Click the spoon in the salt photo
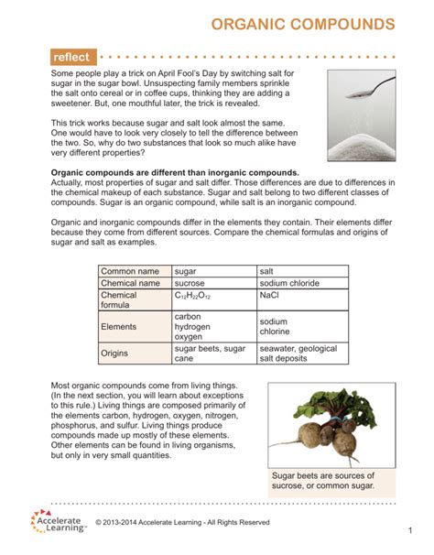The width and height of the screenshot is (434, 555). coord(377,88)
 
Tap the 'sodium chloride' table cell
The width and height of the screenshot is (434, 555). coord(288,283)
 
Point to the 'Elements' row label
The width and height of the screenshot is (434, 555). coord(120,326)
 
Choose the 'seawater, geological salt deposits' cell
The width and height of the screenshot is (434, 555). coord(298,354)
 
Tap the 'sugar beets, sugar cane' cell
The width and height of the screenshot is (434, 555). coord(210,354)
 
